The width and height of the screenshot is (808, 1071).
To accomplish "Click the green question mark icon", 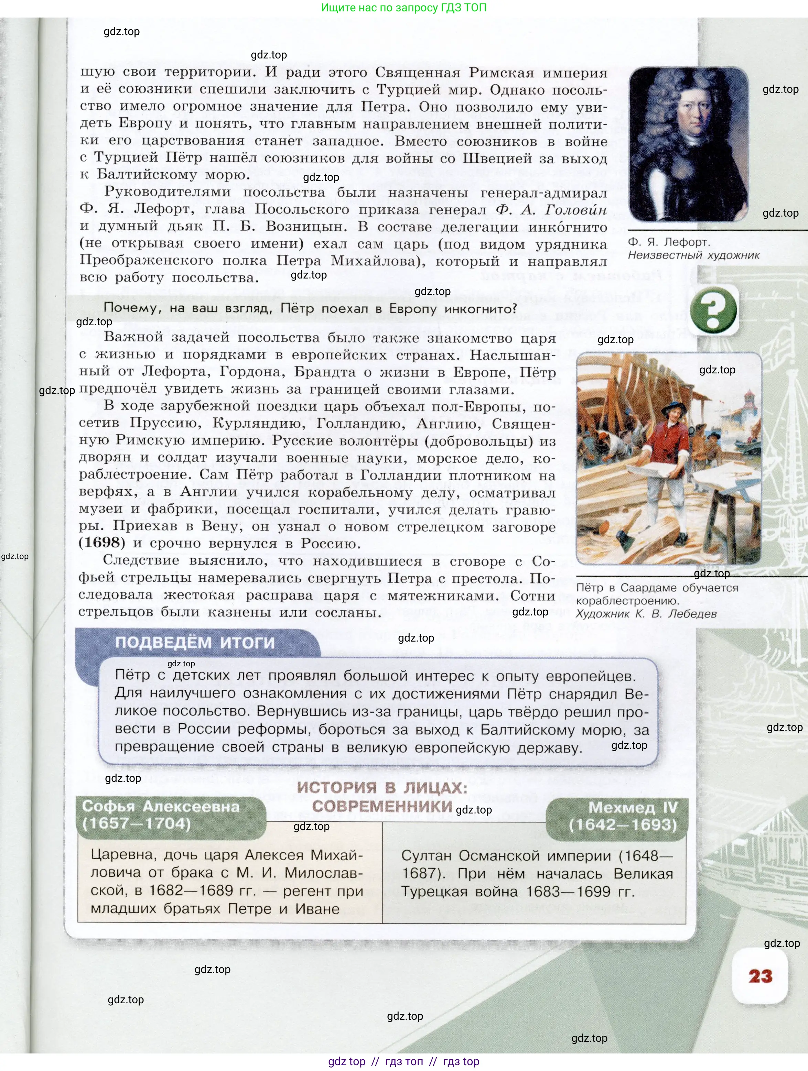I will click(713, 310).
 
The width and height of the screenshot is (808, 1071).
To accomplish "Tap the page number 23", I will click(760, 976).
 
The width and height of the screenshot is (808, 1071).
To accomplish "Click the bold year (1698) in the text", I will click(102, 542).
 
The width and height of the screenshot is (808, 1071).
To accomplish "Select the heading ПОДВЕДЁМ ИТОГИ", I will click(195, 643).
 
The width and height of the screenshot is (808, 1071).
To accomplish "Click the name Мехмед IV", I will click(633, 808).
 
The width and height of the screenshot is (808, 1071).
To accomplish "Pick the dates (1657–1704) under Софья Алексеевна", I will click(137, 823).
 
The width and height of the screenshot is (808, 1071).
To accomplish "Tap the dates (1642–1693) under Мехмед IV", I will click(623, 824).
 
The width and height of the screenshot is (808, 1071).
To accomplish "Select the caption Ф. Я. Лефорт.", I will click(668, 242).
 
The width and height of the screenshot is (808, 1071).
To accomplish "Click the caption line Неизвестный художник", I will click(694, 255).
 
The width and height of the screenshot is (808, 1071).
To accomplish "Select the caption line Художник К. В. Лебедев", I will click(646, 614).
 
